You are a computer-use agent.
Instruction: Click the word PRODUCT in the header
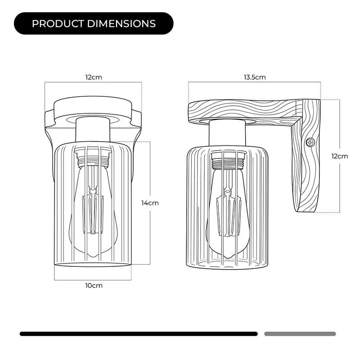58,24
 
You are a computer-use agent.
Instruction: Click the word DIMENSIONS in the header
121,24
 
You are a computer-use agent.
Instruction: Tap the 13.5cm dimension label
255,77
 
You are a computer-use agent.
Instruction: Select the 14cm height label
150,203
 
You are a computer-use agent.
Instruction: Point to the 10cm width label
94,286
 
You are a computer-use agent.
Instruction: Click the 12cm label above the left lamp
94,77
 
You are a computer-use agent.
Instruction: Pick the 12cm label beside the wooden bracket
340,156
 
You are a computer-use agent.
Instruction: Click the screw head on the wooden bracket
310,143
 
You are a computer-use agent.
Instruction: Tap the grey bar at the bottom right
300,333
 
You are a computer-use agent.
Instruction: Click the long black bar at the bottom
139,333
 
